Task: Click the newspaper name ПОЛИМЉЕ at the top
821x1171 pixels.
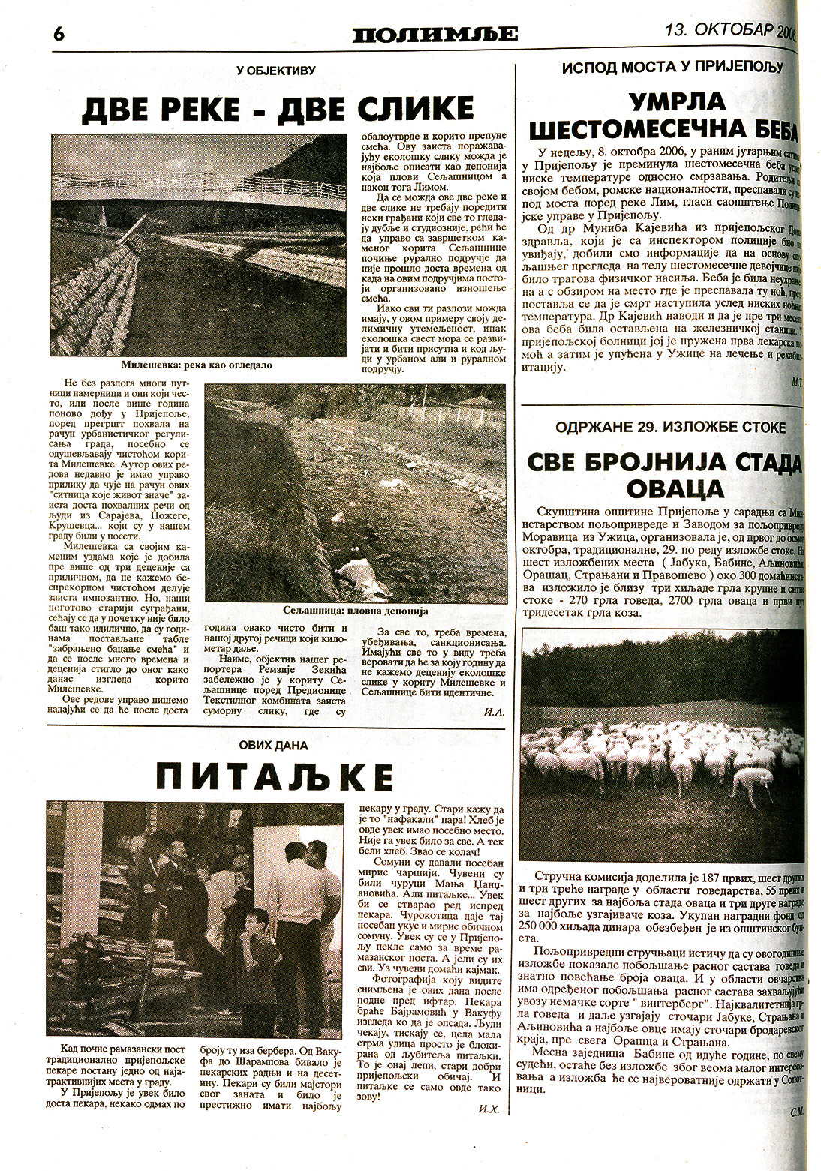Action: (x=435, y=34)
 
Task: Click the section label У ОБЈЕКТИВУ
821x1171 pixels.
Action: (x=275, y=71)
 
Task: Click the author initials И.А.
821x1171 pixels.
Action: (x=493, y=710)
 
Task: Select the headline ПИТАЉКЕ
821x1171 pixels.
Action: (x=275, y=777)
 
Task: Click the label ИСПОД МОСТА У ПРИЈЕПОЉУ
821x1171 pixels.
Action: (x=672, y=67)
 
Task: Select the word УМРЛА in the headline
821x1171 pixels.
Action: (x=666, y=101)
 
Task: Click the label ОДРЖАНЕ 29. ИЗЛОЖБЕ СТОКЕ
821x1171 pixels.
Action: (x=671, y=428)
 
